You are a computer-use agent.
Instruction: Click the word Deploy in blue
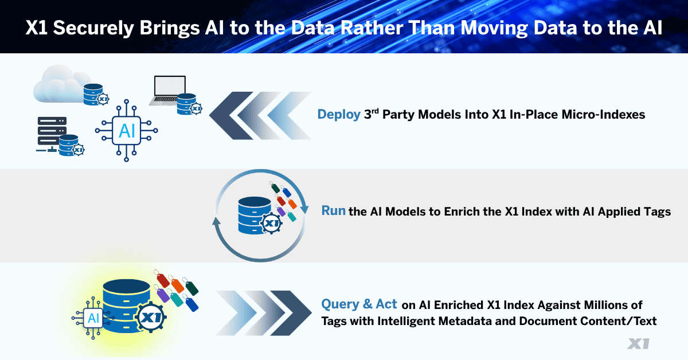click(339, 115)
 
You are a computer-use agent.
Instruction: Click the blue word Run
click(333, 211)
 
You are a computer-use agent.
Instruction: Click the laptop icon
click(169, 89)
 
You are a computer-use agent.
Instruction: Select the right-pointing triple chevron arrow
click(264, 312)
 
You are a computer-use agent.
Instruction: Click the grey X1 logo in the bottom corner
click(638, 343)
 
